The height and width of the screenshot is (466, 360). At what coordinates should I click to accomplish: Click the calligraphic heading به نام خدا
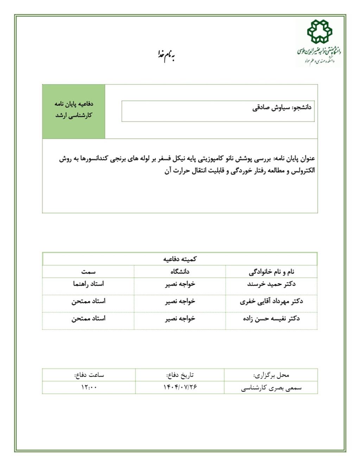click(x=166, y=55)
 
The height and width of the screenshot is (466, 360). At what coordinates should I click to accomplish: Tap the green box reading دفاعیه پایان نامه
click(x=74, y=110)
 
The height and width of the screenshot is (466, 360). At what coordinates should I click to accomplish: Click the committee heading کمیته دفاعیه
click(x=180, y=259)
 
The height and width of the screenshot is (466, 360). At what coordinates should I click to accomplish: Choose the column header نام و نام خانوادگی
click(x=271, y=272)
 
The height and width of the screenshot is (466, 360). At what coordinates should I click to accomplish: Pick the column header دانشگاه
click(x=180, y=272)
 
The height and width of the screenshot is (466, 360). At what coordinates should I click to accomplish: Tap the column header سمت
click(x=88, y=272)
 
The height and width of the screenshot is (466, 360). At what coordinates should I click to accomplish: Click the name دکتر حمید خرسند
click(x=271, y=284)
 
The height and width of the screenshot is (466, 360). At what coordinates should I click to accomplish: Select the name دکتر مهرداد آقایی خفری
click(x=271, y=301)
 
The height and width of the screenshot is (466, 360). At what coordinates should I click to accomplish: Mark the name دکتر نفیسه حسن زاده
click(x=271, y=319)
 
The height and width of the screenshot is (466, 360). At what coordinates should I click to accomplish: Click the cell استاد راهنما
click(x=88, y=284)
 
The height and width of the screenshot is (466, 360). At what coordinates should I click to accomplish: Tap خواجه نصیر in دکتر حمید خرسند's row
click(x=180, y=284)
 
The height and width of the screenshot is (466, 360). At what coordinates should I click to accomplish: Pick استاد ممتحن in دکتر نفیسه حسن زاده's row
click(x=88, y=319)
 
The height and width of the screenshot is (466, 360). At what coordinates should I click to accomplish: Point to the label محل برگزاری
click(x=271, y=375)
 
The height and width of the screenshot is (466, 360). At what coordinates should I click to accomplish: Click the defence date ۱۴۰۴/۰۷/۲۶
click(x=180, y=387)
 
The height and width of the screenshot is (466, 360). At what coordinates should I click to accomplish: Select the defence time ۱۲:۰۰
click(x=89, y=387)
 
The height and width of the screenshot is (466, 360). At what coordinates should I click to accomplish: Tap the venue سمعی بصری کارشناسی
click(x=271, y=388)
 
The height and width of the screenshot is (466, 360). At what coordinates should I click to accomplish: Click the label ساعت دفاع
click(x=89, y=375)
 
